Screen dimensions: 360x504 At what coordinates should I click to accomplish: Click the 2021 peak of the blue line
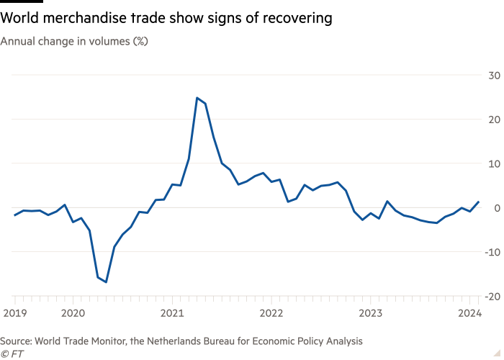197,98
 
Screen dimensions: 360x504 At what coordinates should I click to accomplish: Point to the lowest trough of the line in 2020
107,282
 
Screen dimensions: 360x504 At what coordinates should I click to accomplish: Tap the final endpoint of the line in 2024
479,202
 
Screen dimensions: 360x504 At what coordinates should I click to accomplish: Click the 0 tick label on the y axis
496,207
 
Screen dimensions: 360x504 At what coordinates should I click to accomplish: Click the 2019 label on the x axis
14,312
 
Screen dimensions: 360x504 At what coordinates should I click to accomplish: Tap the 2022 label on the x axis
271,312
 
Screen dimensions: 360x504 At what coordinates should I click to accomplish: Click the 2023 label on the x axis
371,312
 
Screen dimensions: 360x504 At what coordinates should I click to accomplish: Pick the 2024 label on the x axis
469,312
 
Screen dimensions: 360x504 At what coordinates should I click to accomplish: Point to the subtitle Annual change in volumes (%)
74,42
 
